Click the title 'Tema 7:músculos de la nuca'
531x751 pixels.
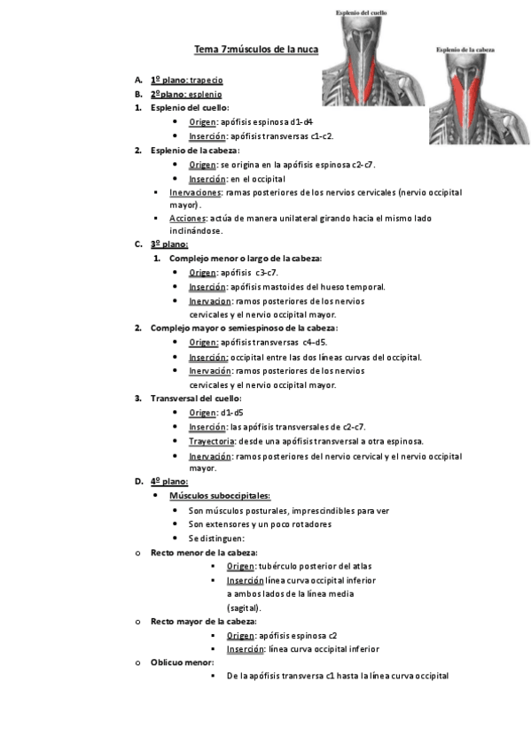pos(255,49)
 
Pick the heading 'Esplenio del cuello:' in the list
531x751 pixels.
pos(190,107)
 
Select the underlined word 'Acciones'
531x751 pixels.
pos(186,218)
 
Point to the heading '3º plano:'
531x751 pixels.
pos(168,244)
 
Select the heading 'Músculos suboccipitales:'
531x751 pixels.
pos(219,496)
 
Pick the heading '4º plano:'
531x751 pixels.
pos(168,482)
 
